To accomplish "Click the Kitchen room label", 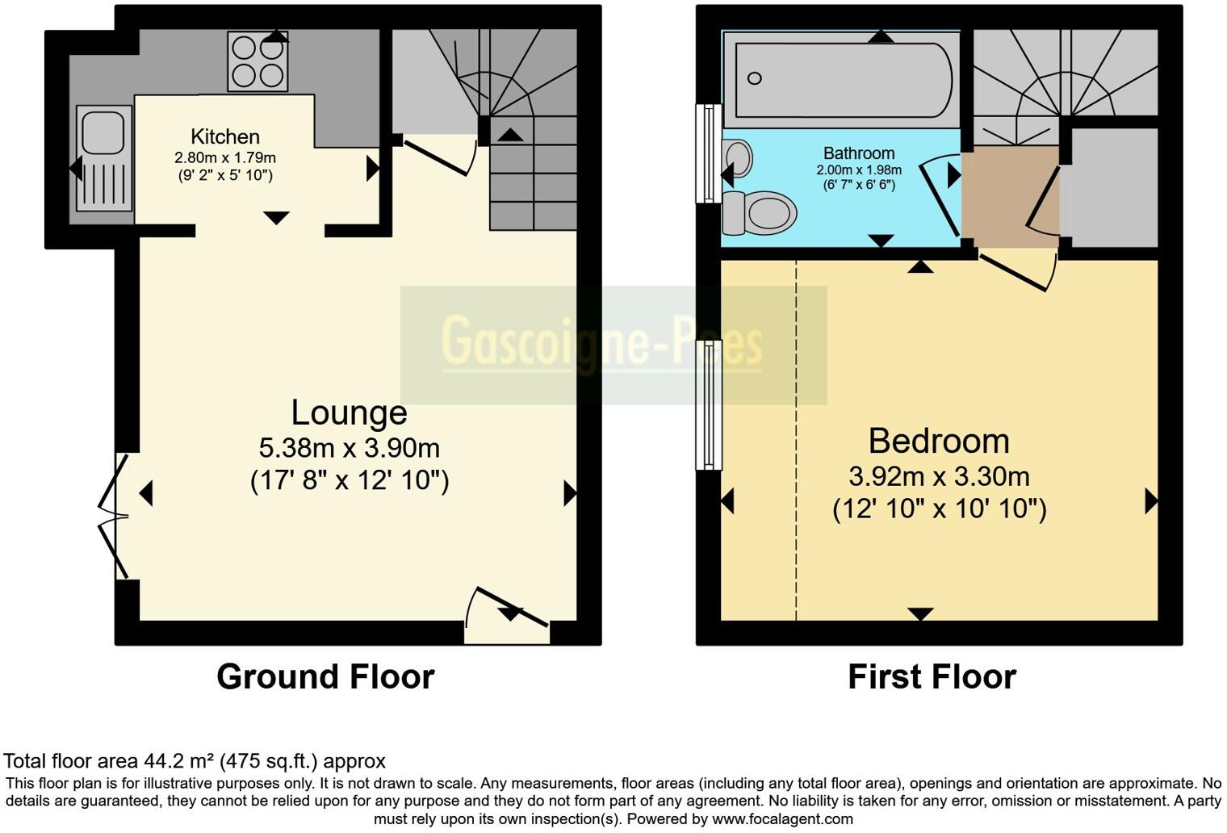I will [x=224, y=136].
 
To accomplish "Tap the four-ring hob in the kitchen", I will [x=258, y=61].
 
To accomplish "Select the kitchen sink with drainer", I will [x=103, y=158].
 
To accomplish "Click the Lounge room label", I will [x=349, y=412].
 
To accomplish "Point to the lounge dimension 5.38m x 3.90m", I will [x=349, y=447].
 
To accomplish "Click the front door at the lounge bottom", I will [x=506, y=617].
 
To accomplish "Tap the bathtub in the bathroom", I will [x=841, y=79].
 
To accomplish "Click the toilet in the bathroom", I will [x=759, y=213].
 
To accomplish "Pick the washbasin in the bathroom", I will [x=738, y=158].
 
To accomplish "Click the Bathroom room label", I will [x=858, y=153].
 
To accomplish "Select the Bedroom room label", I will [x=938, y=442].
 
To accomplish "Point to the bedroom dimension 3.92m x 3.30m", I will [x=939, y=476].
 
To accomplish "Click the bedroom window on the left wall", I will [x=709, y=404].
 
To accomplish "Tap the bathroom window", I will [x=709, y=153].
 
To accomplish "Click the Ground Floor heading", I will [x=325, y=676].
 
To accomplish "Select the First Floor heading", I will [x=932, y=676].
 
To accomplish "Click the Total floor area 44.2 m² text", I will [x=195, y=760].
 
